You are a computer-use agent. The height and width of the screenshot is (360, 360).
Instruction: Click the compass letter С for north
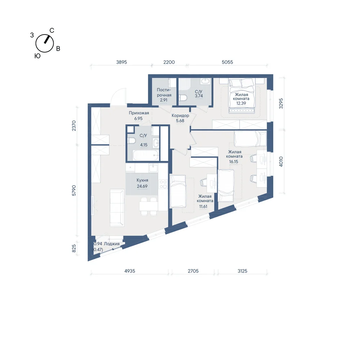[x=52, y=31]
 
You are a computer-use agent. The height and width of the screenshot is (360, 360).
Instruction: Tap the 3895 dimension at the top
[x=121, y=62]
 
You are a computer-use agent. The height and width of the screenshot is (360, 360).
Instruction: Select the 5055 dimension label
[x=227, y=62]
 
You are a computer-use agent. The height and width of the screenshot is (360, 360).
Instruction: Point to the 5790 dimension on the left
[x=74, y=190]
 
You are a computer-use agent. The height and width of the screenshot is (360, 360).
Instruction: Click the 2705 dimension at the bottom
[x=193, y=271]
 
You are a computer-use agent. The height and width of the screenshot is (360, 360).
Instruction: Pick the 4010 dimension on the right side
[x=281, y=161]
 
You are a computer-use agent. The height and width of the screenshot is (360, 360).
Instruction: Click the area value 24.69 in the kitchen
[x=142, y=186]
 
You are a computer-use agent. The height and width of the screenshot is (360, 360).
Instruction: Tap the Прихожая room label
[x=139, y=113]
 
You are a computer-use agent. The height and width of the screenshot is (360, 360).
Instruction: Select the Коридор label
[x=180, y=116]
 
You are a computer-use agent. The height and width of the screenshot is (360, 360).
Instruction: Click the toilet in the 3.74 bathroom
[x=183, y=98]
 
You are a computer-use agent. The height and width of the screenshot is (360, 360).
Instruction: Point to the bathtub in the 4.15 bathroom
[x=146, y=156]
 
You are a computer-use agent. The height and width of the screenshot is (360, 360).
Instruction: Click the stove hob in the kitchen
[x=163, y=184]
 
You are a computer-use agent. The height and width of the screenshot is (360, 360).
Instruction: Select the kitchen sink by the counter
[x=153, y=168]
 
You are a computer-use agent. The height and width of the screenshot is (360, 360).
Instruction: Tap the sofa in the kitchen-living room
[x=117, y=208]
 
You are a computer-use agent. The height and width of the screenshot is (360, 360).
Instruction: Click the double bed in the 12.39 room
[x=242, y=96]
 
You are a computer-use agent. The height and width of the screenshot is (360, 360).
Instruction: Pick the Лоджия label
[x=112, y=244]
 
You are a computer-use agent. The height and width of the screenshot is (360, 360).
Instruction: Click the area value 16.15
[x=234, y=162]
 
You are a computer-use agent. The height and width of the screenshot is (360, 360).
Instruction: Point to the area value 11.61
[x=203, y=206]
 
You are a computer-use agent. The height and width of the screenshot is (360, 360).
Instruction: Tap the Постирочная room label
[x=164, y=92]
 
